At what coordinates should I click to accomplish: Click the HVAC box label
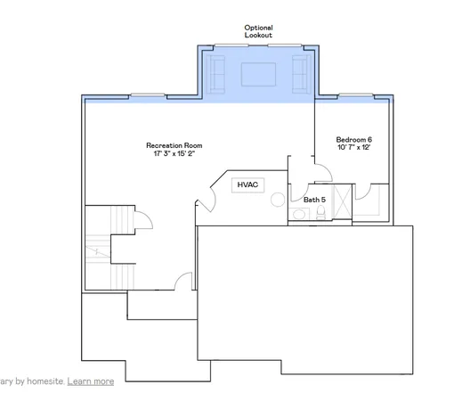[247, 184]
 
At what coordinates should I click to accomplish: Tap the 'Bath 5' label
[313, 200]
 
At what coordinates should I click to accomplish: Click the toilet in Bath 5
[296, 215]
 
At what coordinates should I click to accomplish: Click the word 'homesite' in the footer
[42, 381]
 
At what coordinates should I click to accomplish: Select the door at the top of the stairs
[141, 219]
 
